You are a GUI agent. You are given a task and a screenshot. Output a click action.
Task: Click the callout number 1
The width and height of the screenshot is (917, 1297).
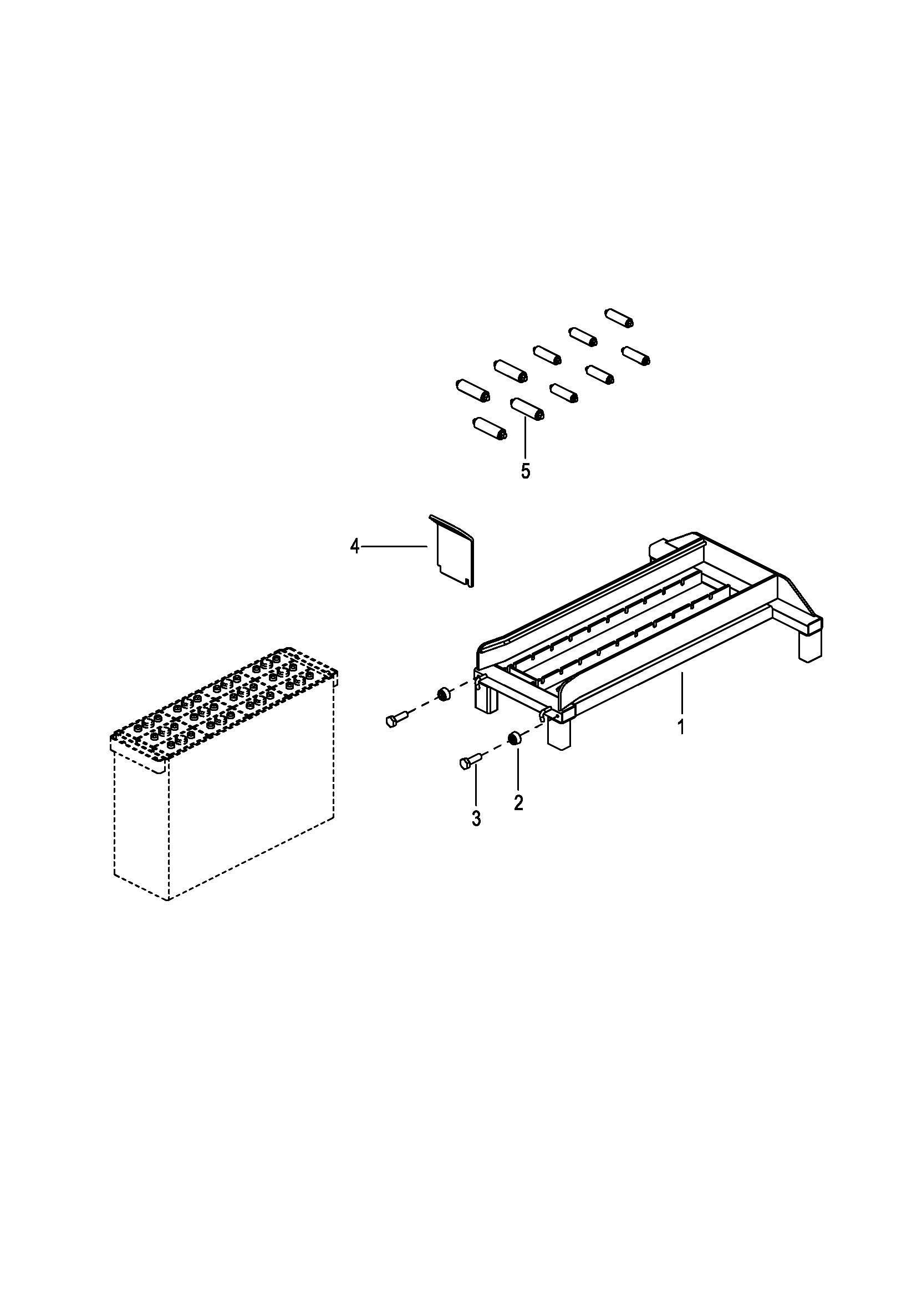click(x=681, y=726)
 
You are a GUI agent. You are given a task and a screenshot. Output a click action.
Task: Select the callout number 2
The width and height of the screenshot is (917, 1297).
click(x=518, y=802)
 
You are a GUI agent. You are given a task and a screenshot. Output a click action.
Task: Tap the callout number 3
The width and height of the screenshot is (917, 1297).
click(x=476, y=818)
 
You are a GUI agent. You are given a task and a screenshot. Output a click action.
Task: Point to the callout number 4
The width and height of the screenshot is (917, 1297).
click(x=355, y=546)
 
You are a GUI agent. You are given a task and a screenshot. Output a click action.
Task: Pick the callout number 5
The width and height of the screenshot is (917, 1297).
click(x=526, y=471)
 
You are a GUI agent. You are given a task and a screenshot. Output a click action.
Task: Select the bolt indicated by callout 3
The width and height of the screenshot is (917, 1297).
click(x=468, y=758)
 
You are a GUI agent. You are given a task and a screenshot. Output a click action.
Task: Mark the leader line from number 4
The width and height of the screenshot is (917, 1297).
click(x=394, y=546)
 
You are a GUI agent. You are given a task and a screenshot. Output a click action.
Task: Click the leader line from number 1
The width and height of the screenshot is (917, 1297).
click(x=681, y=693)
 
